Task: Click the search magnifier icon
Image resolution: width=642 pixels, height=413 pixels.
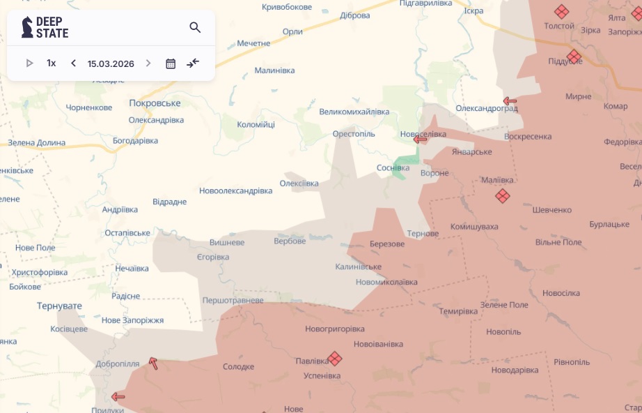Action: [195, 28]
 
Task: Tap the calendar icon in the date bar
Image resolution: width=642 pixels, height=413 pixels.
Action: [171, 63]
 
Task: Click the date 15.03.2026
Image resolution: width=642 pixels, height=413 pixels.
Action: [111, 63]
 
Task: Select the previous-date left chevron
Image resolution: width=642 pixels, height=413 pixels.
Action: [73, 63]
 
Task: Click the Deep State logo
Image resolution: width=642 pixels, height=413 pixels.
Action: [45, 27]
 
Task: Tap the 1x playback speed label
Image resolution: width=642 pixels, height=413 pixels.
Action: [52, 63]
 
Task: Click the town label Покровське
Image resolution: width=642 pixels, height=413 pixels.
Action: [155, 103]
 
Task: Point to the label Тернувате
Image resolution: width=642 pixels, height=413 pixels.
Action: [60, 306]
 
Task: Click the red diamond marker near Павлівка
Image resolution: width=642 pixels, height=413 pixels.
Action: [335, 359]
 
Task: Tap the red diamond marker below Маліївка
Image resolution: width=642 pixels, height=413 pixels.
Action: [503, 196]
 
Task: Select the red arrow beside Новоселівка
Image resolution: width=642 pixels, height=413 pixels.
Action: [420, 140]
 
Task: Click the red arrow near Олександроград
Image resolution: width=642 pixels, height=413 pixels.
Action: [510, 101]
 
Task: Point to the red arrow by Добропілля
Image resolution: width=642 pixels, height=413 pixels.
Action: [153, 363]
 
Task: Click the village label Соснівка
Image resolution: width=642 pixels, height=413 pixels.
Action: [393, 168]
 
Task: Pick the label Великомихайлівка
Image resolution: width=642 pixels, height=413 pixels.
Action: [354, 112]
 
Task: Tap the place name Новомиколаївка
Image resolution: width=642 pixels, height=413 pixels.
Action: [386, 282]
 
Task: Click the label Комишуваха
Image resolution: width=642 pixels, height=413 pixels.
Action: [474, 227]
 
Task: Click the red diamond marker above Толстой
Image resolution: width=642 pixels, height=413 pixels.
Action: [561, 12]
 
